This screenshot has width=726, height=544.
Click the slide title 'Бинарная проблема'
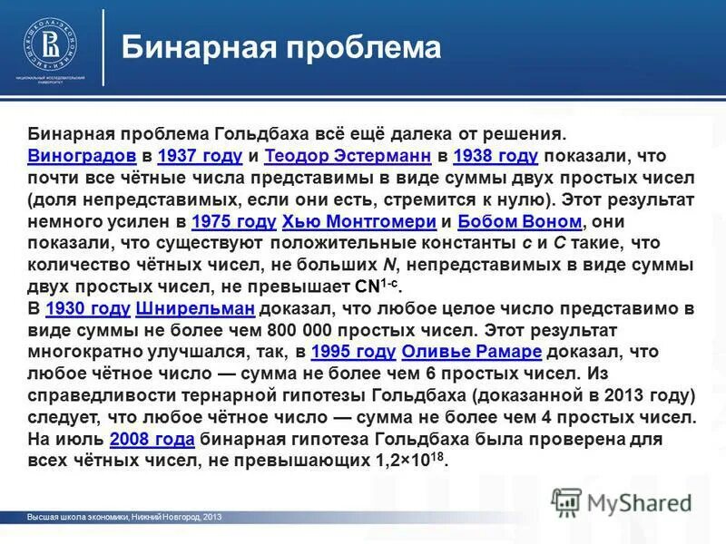click(281, 47)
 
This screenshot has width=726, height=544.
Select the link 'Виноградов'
click(82, 155)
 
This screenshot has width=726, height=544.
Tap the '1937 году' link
click(199, 155)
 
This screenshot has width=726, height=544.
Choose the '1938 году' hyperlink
click(495, 155)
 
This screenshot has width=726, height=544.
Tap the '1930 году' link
click(86, 309)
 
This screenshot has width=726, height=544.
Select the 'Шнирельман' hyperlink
click(194, 309)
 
